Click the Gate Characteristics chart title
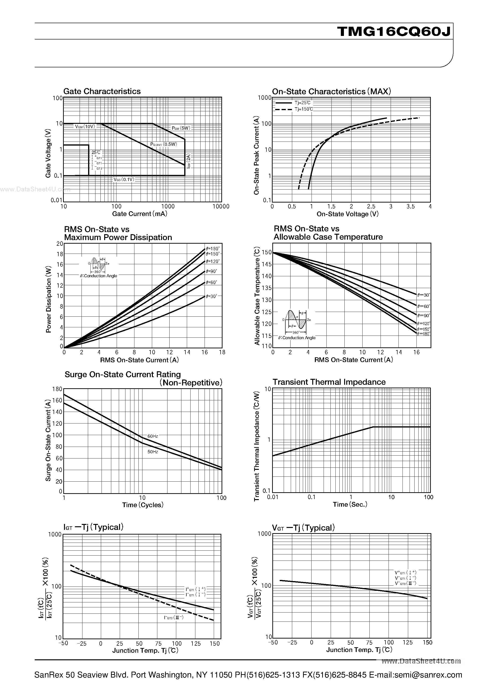tap(102, 91)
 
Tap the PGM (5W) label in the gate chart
tap(181, 128)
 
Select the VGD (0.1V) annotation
tap(124, 179)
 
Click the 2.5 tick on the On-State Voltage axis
tap(371, 207)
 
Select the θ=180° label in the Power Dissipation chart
tap(213, 249)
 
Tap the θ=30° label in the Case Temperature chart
tap(423, 295)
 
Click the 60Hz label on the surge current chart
tap(153, 436)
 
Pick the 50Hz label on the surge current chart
tap(153, 452)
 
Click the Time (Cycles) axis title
tap(143, 505)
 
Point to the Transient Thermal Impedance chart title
tap(329, 382)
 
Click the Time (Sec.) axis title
tap(350, 504)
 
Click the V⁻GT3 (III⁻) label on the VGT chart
tap(405, 583)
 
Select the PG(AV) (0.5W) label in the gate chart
tap(164, 144)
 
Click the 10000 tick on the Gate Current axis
tap(221, 207)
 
